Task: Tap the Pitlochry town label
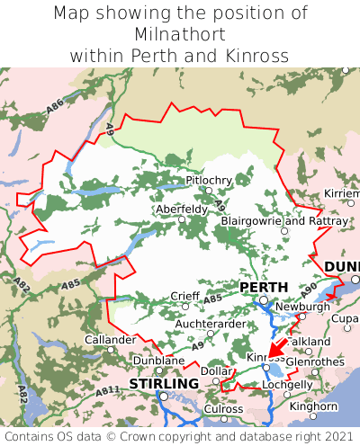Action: pos(208,181)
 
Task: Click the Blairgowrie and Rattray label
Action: pos(283,220)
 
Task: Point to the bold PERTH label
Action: pos(264,288)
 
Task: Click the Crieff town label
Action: pos(186,296)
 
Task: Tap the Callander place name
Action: pos(110,340)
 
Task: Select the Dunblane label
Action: pos(158,361)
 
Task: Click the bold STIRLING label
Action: pos(164,384)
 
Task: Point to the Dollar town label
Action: pos(216,370)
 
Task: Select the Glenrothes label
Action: pos(314,361)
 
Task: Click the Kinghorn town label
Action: pos(314,406)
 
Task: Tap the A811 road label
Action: pos(107,391)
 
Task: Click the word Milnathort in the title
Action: pos(180,34)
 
